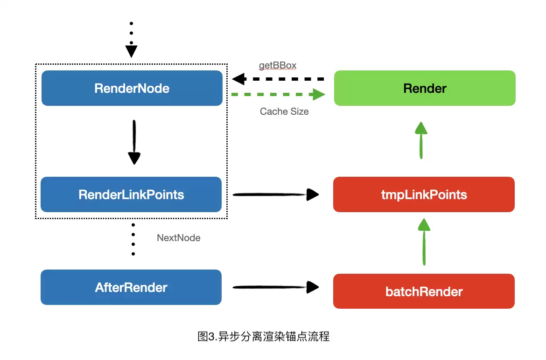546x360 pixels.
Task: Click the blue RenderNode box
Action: click(132, 88)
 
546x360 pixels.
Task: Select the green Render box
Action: click(425, 88)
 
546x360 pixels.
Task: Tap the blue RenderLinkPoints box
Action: click(131, 194)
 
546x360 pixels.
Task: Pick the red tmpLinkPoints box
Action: click(424, 194)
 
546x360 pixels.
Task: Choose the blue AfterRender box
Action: click(131, 287)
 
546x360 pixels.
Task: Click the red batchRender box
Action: click(424, 291)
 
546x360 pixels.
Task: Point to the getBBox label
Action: click(278, 65)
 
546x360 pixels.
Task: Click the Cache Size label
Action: click(284, 111)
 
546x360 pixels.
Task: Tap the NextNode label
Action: click(179, 238)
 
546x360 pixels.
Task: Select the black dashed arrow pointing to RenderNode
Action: click(278, 79)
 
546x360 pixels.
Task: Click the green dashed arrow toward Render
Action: click(278, 94)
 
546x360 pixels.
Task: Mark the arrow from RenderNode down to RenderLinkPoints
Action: click(134, 142)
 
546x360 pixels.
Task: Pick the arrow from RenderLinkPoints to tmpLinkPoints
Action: click(276, 194)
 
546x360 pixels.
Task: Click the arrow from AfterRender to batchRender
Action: click(276, 287)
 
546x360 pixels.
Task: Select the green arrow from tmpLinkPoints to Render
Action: click(421, 140)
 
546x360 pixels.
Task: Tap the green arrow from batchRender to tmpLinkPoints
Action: click(424, 242)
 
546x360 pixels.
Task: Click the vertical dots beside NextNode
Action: click(133, 239)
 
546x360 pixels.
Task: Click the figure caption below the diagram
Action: click(264, 336)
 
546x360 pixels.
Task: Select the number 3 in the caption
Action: click(211, 337)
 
